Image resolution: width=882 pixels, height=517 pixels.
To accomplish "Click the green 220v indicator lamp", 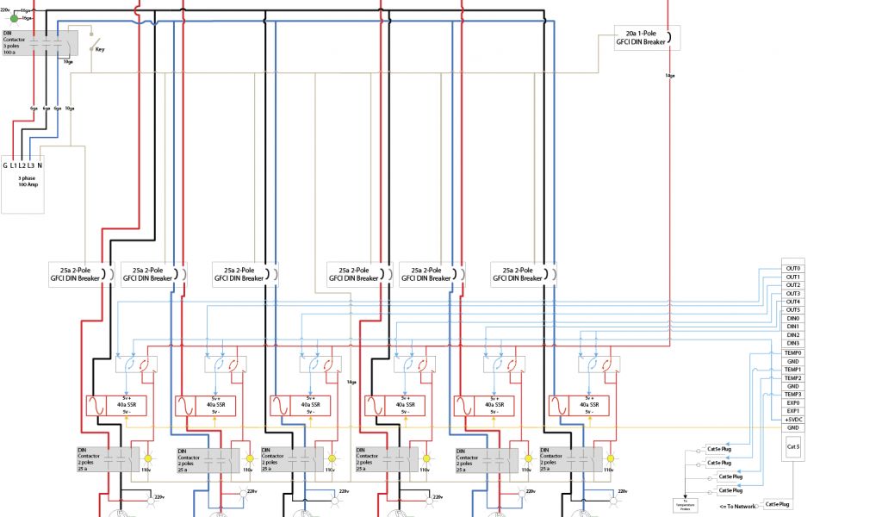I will coord(14,18).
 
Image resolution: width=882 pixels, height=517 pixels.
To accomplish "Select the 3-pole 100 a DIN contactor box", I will coord(40,42).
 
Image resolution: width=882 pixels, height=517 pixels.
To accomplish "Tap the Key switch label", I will coord(100,49).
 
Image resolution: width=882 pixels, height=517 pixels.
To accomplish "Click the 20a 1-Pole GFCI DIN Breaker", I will coord(641,37).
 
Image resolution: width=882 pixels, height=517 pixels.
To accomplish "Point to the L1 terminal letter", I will coord(16,165).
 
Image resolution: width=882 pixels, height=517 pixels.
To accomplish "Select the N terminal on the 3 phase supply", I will coord(40,165).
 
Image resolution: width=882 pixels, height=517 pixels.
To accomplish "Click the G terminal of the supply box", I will coord(5,165).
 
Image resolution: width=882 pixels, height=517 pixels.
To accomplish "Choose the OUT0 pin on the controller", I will coord(793,269).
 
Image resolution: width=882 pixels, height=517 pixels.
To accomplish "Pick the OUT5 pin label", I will coord(793,310).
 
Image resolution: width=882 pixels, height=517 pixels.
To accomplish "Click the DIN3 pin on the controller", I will coord(793,344).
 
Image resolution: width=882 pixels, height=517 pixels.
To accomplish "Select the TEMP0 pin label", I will coord(793,352).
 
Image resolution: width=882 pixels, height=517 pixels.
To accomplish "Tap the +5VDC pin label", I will coord(793,420).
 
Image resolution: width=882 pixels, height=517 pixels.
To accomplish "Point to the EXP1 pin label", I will coord(793,411).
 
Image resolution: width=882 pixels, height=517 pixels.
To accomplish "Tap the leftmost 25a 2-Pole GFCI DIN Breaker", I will coord(78,274).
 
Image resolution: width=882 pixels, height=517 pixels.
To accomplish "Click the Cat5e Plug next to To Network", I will coord(778,504).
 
